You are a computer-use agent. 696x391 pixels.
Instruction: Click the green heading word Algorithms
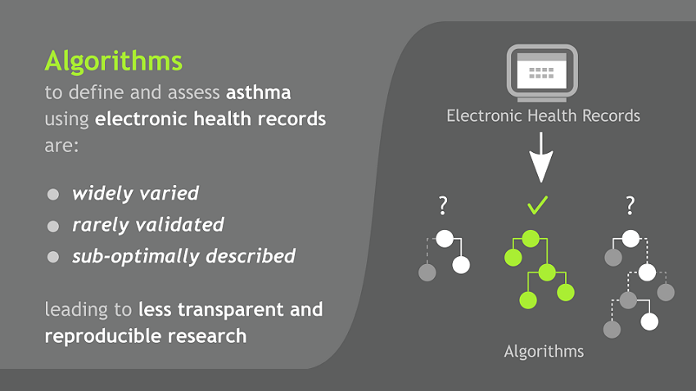click(x=113, y=61)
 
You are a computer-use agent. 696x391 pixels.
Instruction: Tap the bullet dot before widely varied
click(x=53, y=195)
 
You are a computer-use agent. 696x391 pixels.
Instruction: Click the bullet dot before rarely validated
click(x=53, y=226)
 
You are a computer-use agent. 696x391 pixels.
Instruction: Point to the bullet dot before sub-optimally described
click(x=53, y=257)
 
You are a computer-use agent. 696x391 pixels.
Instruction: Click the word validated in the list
click(x=183, y=225)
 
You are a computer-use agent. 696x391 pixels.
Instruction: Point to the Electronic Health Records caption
click(x=543, y=116)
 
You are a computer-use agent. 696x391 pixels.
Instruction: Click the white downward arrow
click(x=540, y=159)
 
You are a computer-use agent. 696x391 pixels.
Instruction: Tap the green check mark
click(x=537, y=204)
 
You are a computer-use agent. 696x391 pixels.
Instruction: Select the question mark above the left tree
click(x=443, y=205)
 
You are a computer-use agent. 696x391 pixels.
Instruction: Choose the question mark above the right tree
click(x=630, y=205)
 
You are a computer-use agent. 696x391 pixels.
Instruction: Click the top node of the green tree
click(x=531, y=239)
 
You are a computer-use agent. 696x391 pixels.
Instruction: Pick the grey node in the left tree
click(x=427, y=272)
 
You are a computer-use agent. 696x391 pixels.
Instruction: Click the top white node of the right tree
click(x=630, y=239)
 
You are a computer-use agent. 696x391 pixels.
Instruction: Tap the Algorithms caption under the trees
click(x=544, y=352)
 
